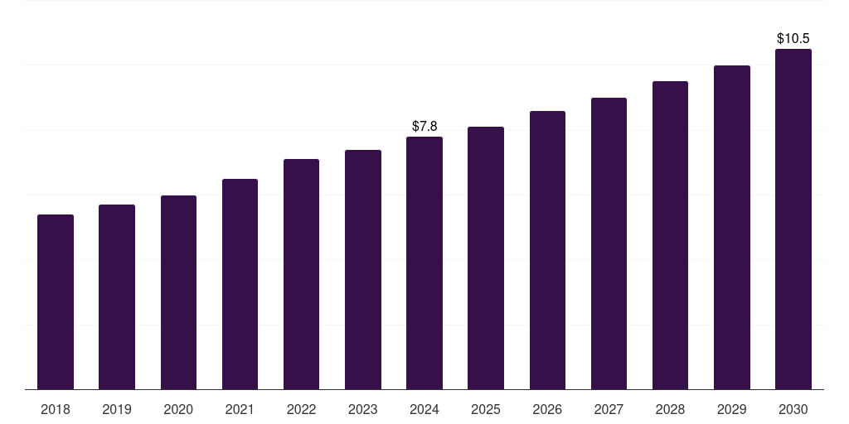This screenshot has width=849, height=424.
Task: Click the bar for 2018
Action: click(56, 301)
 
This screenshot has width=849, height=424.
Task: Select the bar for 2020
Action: click(178, 292)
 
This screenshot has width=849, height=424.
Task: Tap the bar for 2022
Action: click(301, 274)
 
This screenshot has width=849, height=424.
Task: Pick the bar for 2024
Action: click(424, 263)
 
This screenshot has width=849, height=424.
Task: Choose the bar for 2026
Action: click(547, 250)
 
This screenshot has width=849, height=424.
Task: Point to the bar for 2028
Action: click(670, 235)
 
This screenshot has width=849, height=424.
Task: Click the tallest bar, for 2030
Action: click(793, 219)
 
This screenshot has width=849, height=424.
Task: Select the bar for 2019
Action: click(117, 296)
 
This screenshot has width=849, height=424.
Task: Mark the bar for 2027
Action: click(609, 243)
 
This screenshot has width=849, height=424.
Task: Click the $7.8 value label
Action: click(424, 126)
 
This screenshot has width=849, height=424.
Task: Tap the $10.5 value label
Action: click(793, 38)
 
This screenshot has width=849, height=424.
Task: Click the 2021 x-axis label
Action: click(240, 409)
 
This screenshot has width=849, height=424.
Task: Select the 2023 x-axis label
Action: click(363, 409)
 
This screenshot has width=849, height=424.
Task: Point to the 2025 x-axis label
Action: click(486, 409)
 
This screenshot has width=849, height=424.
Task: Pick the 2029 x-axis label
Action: click(732, 409)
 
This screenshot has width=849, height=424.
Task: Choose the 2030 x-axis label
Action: click(793, 409)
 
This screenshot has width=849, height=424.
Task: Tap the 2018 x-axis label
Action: click(56, 409)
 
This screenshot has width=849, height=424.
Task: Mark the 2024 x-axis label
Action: click(424, 409)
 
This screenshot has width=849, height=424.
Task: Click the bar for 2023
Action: click(363, 269)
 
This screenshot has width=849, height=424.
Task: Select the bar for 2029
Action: click(732, 227)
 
